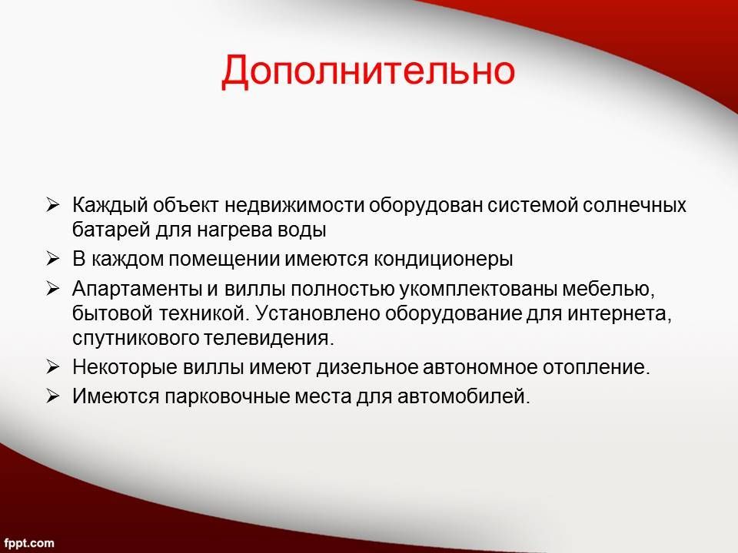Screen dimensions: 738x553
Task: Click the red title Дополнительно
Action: pyautogui.click(x=368, y=71)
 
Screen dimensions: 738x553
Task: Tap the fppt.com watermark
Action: pyautogui.click(x=29, y=543)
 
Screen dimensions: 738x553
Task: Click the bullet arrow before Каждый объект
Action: pyautogui.click(x=53, y=205)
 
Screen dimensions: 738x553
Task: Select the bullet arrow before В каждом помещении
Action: pyautogui.click(x=53, y=259)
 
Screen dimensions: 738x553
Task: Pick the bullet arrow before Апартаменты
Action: pyautogui.click(x=53, y=288)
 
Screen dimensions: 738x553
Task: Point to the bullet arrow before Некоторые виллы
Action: pyautogui.click(x=53, y=367)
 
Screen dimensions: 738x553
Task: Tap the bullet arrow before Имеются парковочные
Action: pyautogui.click(x=53, y=396)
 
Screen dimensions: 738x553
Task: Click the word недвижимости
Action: pyautogui.click(x=294, y=206)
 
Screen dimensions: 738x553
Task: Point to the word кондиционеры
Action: pyautogui.click(x=443, y=260)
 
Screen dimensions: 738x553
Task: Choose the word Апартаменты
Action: pyautogui.click(x=137, y=289)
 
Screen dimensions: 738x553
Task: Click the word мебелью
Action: pyautogui.click(x=609, y=289)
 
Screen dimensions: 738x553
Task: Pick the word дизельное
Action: pyautogui.click(x=367, y=367)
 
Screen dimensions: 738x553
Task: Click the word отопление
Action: pyautogui.click(x=596, y=367)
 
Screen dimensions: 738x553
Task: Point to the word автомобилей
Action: pyautogui.click(x=464, y=396)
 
